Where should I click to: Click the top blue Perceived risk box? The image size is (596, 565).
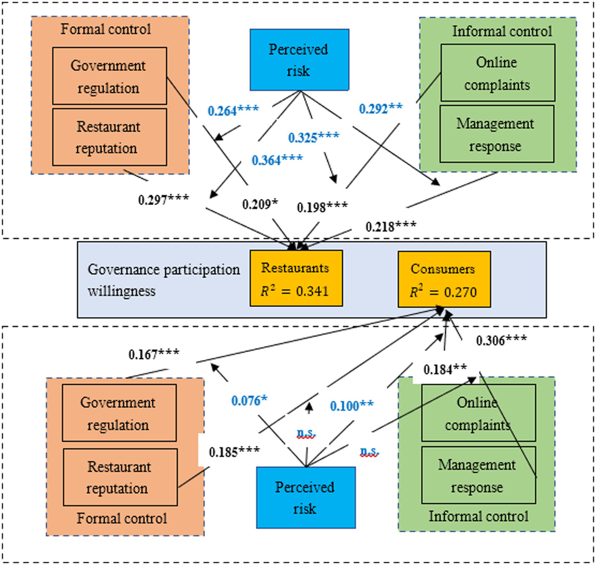click(299, 60)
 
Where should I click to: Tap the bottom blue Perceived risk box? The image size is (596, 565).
click(306, 497)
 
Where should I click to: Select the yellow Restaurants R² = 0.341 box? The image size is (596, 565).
click(296, 278)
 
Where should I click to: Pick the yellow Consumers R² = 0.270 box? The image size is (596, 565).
click(444, 279)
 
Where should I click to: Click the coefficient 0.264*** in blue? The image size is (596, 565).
click(233, 111)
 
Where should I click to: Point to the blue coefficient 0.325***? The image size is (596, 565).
click(313, 138)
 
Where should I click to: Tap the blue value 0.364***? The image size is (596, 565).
click(277, 160)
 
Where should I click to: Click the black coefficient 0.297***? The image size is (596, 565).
click(163, 200)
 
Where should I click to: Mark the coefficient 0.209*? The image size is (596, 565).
click(260, 204)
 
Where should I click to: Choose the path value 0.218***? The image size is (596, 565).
click(391, 227)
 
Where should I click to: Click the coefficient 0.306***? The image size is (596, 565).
click(501, 341)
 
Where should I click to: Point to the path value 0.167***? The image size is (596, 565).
click(154, 354)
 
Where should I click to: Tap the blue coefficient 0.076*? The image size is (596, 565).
click(249, 401)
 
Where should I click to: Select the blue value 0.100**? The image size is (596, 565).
click(351, 406)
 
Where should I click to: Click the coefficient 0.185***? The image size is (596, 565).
click(234, 452)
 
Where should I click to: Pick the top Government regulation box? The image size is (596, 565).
click(109, 76)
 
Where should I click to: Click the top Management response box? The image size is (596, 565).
click(497, 134)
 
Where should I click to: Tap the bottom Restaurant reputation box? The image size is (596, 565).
click(120, 477)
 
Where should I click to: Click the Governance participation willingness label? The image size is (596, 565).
click(163, 280)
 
